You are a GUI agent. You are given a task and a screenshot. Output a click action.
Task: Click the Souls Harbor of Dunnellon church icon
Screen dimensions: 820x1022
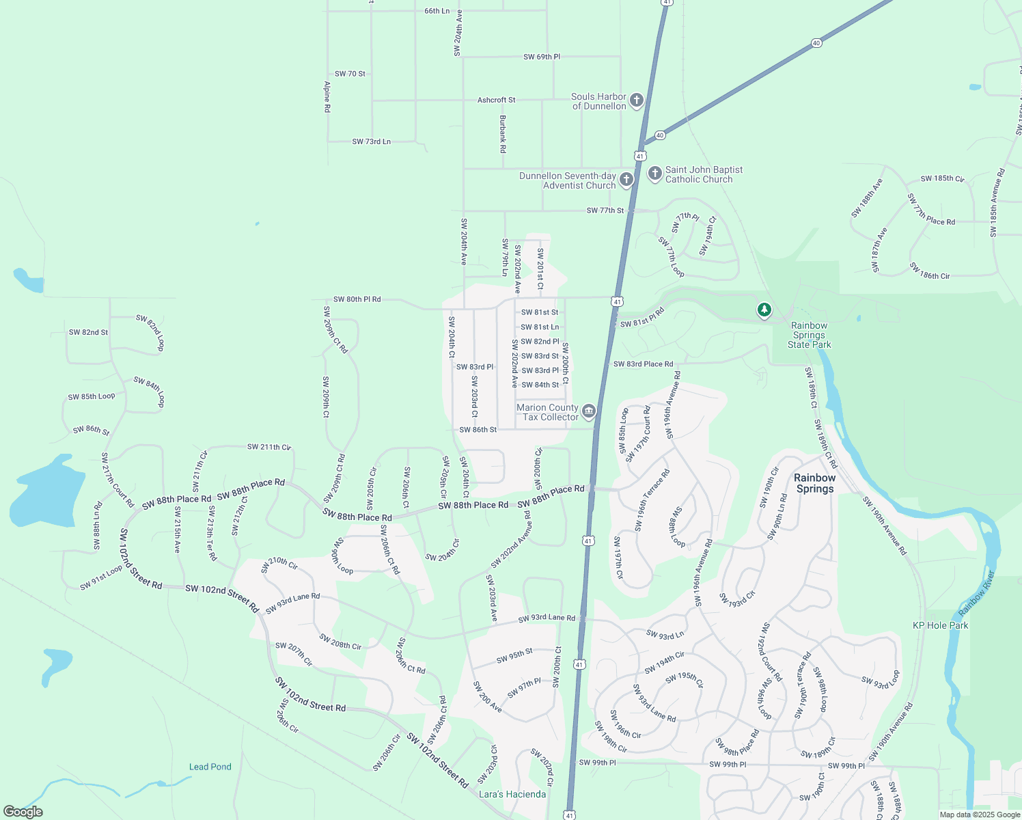point(636,101)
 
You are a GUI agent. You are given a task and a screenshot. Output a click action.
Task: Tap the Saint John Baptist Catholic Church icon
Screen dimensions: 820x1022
point(654,174)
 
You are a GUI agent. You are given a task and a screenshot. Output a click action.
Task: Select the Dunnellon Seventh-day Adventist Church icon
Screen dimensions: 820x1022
point(626,180)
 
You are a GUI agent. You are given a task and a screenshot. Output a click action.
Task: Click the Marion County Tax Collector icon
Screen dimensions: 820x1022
point(589,411)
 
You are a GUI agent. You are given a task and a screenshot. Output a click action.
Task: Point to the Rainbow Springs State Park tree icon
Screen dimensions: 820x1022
point(764,311)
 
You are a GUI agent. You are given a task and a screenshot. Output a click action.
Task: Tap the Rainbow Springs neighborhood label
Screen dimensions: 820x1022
point(814,483)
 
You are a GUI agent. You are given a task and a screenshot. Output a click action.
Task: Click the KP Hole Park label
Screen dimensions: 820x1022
point(940,625)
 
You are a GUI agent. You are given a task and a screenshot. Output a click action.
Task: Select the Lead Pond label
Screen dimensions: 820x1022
point(210,767)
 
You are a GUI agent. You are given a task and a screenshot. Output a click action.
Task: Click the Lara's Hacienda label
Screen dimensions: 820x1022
point(512,794)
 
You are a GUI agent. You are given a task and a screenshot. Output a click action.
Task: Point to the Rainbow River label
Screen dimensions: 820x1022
point(977,593)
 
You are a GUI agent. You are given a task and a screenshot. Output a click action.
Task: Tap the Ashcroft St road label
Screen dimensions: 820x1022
point(497,100)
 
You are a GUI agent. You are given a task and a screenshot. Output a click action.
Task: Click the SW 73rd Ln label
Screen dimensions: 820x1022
point(372,141)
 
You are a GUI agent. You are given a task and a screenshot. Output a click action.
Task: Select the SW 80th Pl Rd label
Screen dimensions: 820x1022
point(357,299)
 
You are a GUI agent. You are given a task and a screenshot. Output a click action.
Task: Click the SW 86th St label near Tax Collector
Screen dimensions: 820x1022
point(478,430)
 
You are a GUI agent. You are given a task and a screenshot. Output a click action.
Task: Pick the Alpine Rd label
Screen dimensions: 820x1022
point(327,97)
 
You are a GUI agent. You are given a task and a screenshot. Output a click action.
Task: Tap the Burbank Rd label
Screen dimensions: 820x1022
point(503,133)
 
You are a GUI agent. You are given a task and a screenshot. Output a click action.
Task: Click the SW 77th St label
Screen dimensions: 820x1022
point(605,210)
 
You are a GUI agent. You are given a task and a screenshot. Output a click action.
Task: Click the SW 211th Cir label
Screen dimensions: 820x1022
point(269,447)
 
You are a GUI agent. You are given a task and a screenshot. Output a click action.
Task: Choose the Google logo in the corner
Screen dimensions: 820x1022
point(23,812)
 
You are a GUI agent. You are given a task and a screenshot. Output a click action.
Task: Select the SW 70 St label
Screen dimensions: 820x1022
point(350,74)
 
